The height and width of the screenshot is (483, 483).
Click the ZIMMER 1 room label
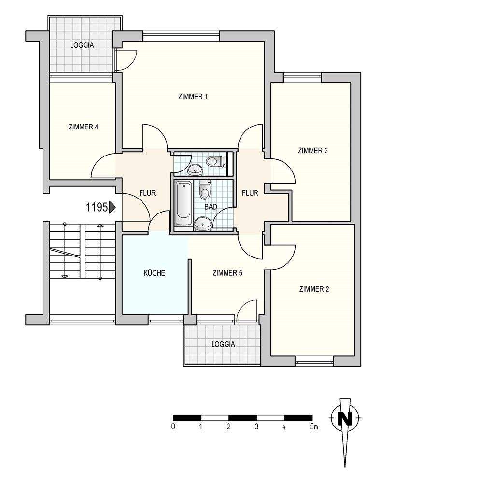[193, 97]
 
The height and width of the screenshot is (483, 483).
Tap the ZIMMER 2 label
[314, 289]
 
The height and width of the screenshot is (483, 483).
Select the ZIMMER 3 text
[313, 151]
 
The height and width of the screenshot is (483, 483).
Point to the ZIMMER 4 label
[84, 127]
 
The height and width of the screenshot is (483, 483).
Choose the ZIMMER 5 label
[227, 273]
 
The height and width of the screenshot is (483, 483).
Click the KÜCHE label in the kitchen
[155, 273]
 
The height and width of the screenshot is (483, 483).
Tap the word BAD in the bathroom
[211, 207]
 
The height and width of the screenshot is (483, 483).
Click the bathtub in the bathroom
[184, 203]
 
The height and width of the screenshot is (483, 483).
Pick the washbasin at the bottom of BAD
[202, 223]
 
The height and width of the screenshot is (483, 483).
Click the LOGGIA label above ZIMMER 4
[82, 45]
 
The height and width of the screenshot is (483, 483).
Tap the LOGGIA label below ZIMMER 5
[223, 344]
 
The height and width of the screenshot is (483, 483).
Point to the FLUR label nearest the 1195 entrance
[147, 193]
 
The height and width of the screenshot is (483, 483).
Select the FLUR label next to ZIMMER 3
[250, 193]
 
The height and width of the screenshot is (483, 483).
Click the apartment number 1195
[97, 207]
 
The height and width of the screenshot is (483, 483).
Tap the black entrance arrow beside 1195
[112, 207]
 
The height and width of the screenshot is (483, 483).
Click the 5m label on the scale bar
[314, 426]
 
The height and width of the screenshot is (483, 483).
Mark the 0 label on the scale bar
[173, 426]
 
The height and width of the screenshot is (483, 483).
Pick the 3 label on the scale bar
[256, 426]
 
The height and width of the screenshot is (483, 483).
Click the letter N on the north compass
[345, 419]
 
